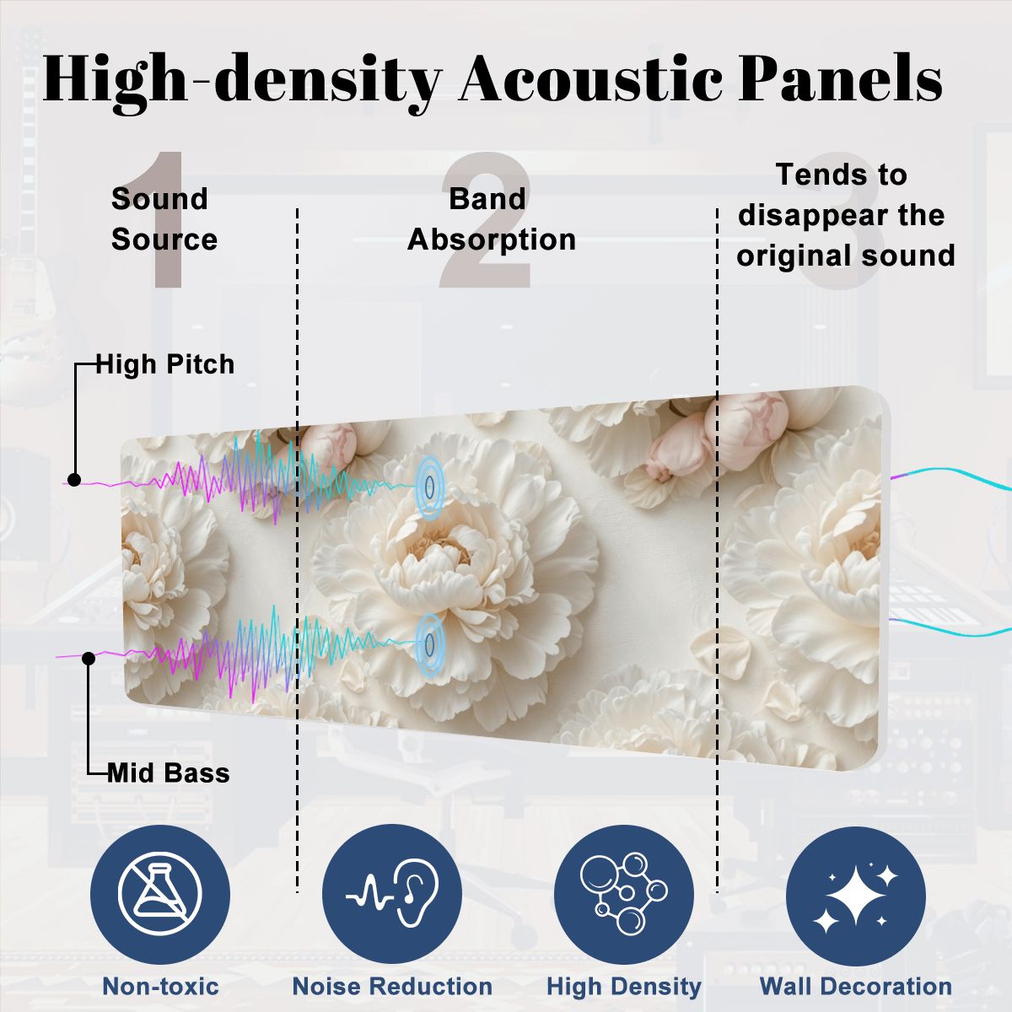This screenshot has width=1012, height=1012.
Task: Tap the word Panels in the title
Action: tap(840, 78)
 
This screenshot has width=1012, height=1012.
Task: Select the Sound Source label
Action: tap(164, 219)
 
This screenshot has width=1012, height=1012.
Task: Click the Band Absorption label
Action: tap(492, 219)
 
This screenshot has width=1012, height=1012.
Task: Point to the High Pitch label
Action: tap(165, 364)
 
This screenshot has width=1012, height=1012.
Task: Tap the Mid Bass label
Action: tap(169, 773)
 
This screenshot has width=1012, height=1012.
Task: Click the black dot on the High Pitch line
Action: tap(74, 480)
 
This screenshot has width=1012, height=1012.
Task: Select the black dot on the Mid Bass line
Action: tap(89, 658)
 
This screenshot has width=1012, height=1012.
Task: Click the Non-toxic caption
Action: tap(160, 986)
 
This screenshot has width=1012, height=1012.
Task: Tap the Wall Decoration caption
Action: tap(855, 986)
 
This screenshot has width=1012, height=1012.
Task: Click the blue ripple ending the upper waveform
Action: tap(429, 487)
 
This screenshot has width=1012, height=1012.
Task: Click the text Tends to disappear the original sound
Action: tap(846, 215)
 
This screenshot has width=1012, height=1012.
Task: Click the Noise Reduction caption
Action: tap(392, 986)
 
